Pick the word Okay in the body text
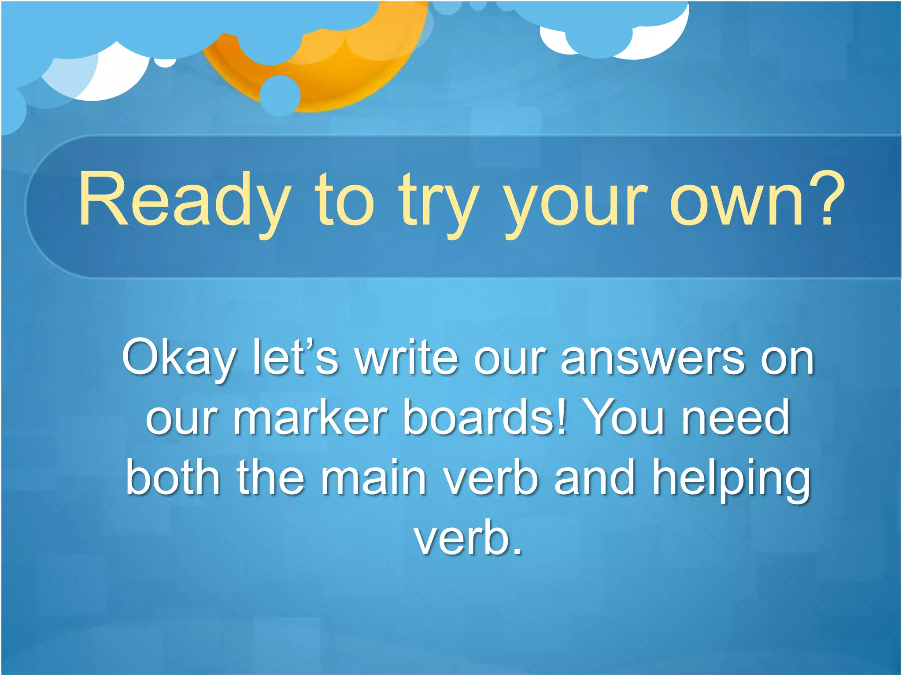pos(178,359)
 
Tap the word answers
pos(652,359)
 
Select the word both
pos(173,478)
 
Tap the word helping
pos(731,480)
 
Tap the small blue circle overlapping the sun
pos(280,95)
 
